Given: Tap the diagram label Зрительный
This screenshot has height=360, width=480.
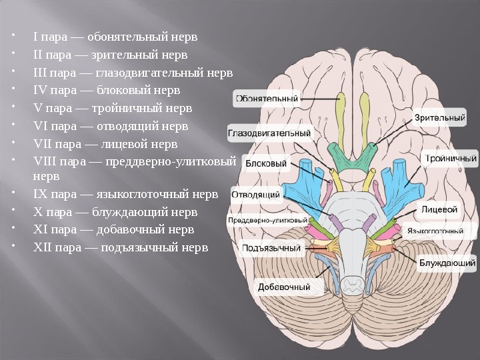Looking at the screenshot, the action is click(x=440, y=118).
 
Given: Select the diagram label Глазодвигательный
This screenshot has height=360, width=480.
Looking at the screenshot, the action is click(x=269, y=133).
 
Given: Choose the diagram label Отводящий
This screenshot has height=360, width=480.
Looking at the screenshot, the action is click(x=256, y=195).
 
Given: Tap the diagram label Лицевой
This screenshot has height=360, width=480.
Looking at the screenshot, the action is click(x=440, y=209).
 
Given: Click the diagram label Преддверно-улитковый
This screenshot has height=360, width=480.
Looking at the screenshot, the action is click(x=268, y=220).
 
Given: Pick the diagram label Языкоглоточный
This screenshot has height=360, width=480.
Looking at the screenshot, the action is click(x=435, y=232).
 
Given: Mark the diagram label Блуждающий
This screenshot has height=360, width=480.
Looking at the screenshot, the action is click(x=447, y=263).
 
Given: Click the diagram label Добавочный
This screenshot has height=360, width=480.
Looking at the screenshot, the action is click(x=285, y=288).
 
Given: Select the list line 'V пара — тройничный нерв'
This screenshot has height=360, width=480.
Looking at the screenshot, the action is click(x=112, y=108).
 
